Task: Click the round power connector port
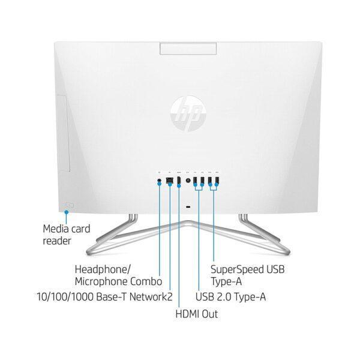[188, 180]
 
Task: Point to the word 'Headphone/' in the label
[100, 268]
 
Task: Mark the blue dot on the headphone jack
[159, 184]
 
